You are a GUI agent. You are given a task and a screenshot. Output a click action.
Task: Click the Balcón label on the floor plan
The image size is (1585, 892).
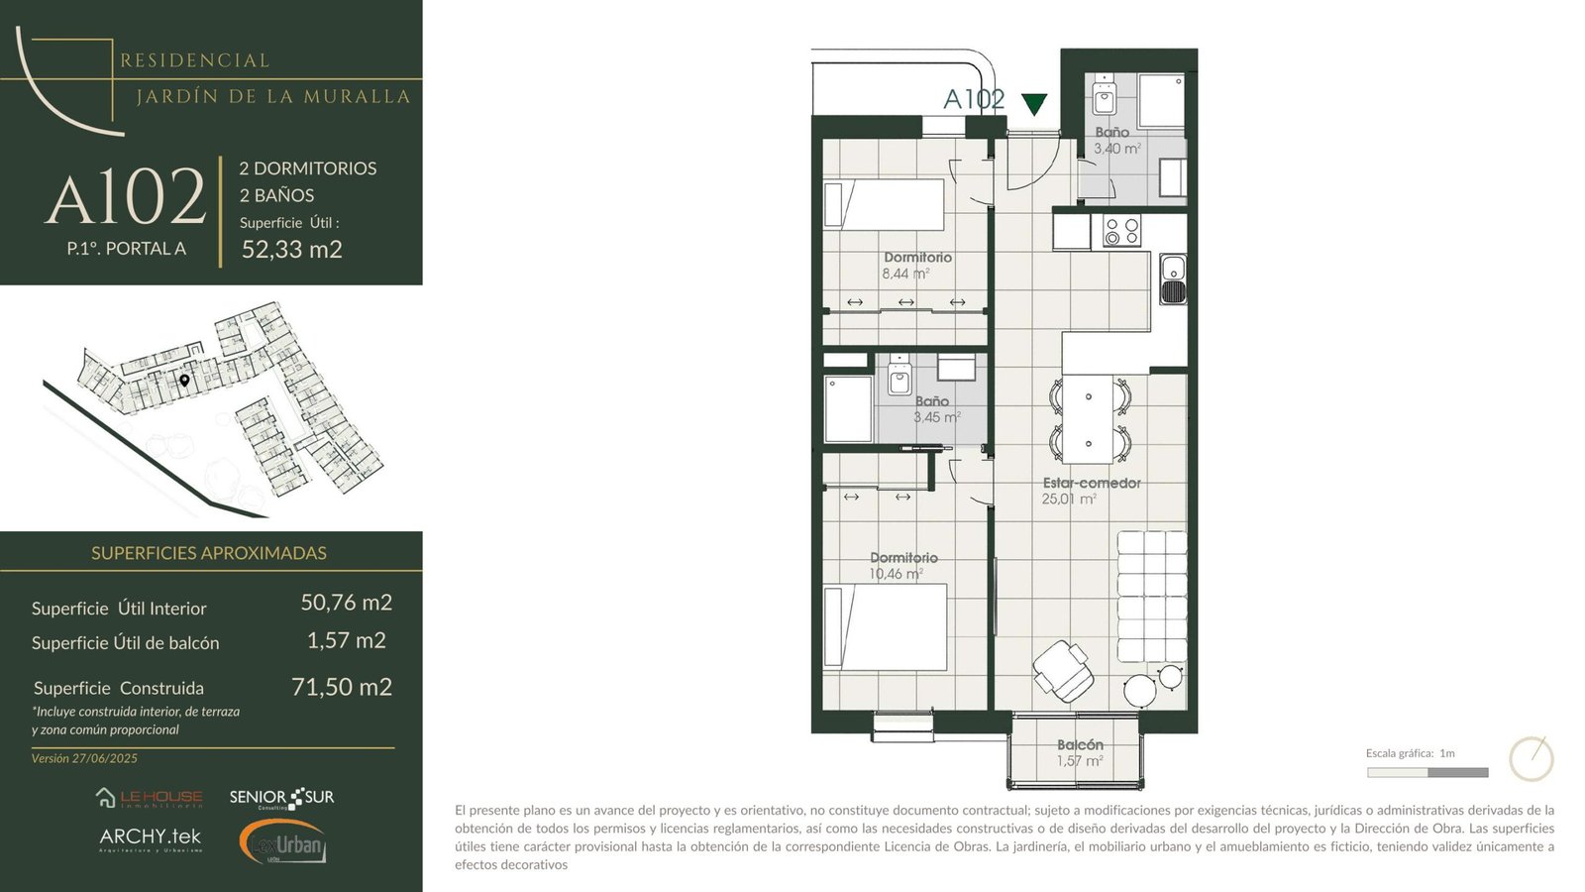(x=1080, y=744)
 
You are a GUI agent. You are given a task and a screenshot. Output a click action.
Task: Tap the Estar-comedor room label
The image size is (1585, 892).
(x=1092, y=483)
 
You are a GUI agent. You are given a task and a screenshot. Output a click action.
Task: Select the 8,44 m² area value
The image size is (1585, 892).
(x=905, y=274)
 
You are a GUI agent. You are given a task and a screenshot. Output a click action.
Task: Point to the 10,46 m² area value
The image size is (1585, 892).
(x=896, y=574)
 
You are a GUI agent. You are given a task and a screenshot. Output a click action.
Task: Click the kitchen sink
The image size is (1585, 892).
(x=1173, y=279)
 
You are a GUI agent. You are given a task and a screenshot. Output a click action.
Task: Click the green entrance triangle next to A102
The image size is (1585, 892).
(x=1034, y=104)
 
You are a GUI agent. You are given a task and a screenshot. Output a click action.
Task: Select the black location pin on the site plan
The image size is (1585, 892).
(x=184, y=381)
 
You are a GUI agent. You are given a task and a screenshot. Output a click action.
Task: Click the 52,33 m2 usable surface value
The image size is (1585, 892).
(x=292, y=249)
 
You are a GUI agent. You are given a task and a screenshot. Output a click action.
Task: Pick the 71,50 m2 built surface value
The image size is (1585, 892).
(x=342, y=687)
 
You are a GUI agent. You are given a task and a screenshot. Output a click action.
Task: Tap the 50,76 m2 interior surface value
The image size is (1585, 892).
(x=346, y=602)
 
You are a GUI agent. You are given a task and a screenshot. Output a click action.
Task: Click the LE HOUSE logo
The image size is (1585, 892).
(x=150, y=798)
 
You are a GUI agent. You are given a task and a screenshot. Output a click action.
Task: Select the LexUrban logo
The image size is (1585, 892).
(x=282, y=841)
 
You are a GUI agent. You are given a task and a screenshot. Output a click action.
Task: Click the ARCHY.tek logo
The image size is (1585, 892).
(x=151, y=839)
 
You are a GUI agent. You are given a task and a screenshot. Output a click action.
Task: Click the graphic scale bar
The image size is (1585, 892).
(x=1427, y=772)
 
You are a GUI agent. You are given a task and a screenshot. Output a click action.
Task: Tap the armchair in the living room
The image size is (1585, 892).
(x=1063, y=670)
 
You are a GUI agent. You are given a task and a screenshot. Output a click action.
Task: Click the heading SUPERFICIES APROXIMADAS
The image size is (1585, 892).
(x=209, y=553)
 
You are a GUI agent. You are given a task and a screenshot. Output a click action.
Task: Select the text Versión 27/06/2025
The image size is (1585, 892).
(x=84, y=758)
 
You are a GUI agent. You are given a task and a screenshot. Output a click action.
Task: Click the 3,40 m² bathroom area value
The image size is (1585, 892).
(x=1117, y=149)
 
